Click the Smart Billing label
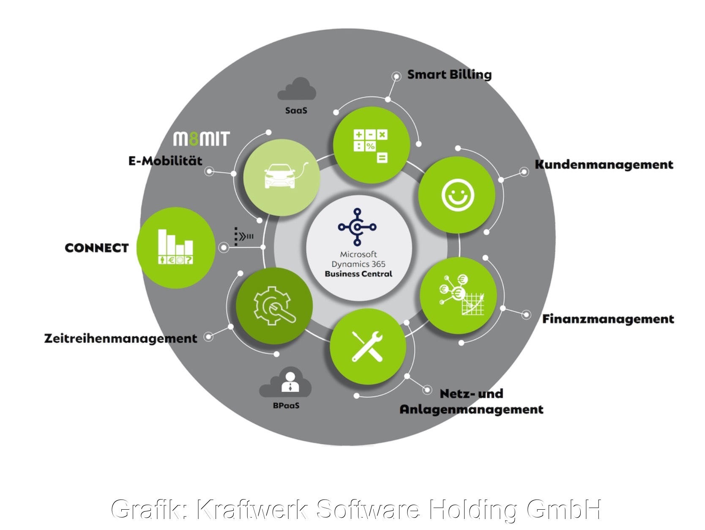(x=449, y=75)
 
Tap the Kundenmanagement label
(x=604, y=165)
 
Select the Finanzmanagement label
(x=608, y=319)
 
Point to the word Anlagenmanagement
(x=471, y=409)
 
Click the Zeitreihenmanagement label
(x=121, y=338)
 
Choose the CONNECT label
(x=97, y=248)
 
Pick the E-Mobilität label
(x=165, y=161)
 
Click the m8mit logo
(x=202, y=139)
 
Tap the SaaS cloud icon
(x=297, y=89)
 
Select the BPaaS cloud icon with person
(x=286, y=383)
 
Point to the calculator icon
(x=371, y=146)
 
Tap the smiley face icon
(x=458, y=195)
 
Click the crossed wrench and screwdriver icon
(x=367, y=346)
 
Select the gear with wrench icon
(x=274, y=306)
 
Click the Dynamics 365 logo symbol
(x=357, y=227)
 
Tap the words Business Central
(x=358, y=274)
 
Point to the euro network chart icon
(x=460, y=294)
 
